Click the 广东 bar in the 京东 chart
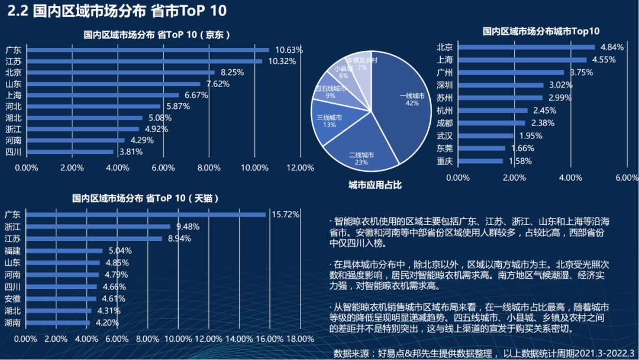point(148,50)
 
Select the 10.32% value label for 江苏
point(282,61)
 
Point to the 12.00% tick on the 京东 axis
point(300,168)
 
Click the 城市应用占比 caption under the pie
point(375,185)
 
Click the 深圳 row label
point(444,85)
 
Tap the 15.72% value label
point(286,214)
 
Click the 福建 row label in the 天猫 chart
point(12,250)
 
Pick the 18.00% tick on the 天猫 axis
point(300,339)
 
